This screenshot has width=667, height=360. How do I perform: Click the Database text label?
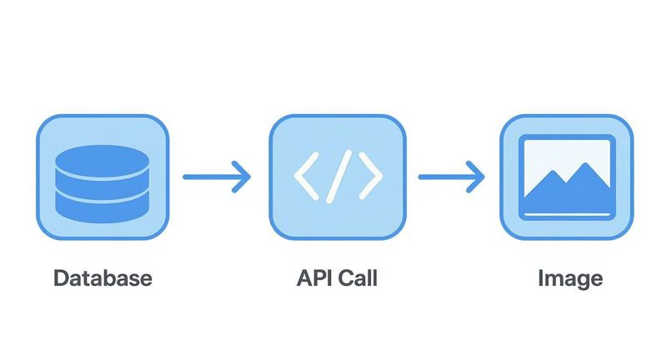click(103, 277)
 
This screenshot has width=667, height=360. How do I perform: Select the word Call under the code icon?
click(357, 277)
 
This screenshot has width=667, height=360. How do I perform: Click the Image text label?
click(570, 277)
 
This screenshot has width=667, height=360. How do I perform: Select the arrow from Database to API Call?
click(216, 177)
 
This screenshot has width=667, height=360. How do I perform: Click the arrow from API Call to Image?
click(451, 177)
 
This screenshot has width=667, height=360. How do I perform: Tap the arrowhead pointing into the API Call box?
click(242, 177)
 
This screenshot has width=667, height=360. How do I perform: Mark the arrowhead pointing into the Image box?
click(477, 177)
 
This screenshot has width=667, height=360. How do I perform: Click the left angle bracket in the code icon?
click(306, 177)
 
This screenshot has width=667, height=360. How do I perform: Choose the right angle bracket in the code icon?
click(370, 177)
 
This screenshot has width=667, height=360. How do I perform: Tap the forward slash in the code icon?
click(338, 177)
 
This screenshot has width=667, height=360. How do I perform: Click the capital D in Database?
click(61, 277)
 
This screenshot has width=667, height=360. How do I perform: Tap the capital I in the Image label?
click(541, 277)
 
